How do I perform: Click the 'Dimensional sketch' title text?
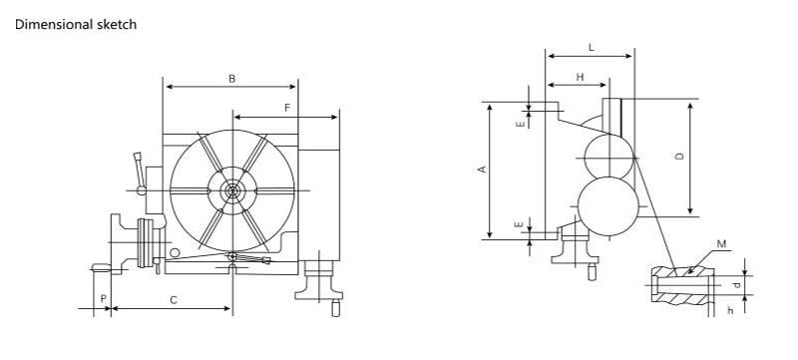(x=76, y=24)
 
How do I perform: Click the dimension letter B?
(x=232, y=79)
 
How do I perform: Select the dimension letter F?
(x=287, y=108)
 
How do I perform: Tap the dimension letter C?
(x=174, y=300)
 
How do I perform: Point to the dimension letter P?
(x=104, y=299)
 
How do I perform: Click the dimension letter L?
(x=591, y=48)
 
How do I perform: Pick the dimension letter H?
(x=580, y=78)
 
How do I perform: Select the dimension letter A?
(x=483, y=170)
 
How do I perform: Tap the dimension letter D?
(x=679, y=157)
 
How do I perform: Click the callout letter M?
(x=721, y=244)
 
